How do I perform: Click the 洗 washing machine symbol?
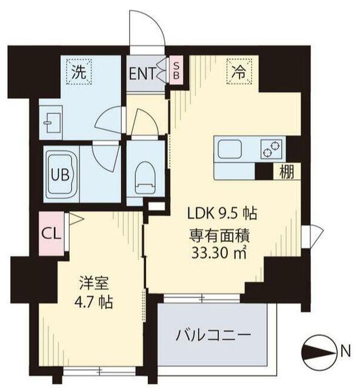click(x=79, y=72)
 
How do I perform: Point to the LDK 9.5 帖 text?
click(x=222, y=213)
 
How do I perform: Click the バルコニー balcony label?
click(x=213, y=335)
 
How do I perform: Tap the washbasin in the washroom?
click(x=49, y=122)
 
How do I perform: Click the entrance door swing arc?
click(x=148, y=30)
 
